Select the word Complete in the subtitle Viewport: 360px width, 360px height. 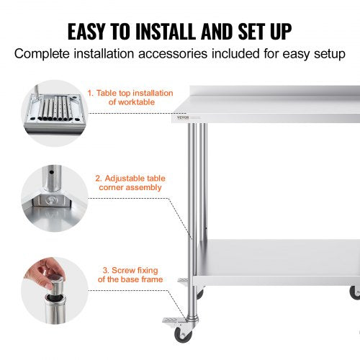click(45, 54)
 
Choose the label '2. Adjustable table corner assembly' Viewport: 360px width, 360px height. click(127, 182)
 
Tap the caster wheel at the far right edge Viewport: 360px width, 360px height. click(354, 292)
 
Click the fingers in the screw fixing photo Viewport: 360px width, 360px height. click(39, 274)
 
